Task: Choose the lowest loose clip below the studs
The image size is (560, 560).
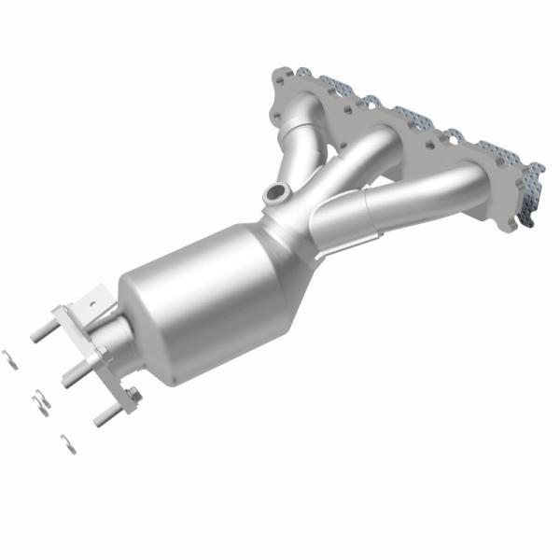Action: click(67, 444)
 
